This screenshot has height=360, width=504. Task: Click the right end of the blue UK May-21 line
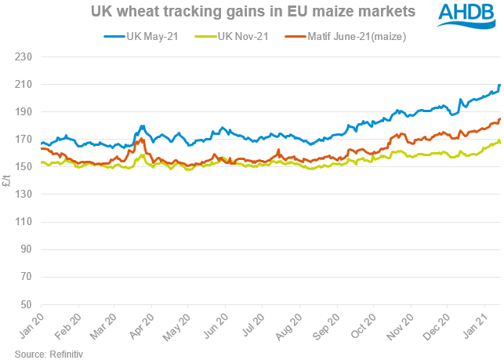pyautogui.click(x=500, y=85)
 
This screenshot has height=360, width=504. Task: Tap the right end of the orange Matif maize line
pyautogui.click(x=500, y=119)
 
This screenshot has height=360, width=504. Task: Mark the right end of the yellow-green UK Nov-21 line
pyautogui.click(x=500, y=142)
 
